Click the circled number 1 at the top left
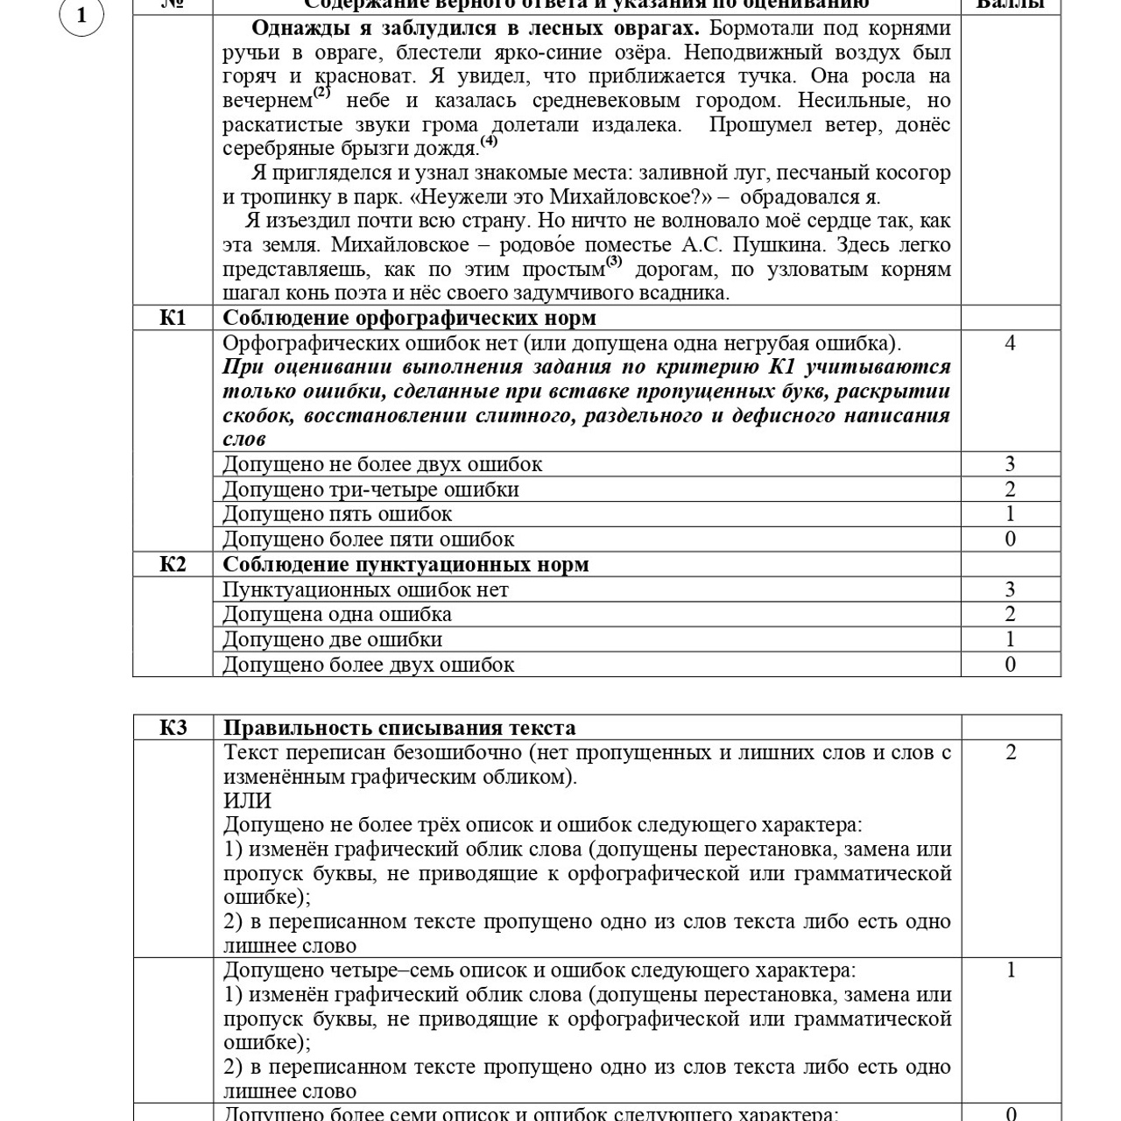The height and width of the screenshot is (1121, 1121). coord(81,16)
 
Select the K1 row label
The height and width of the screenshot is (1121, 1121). coord(173,317)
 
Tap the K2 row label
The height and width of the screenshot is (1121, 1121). coord(173,564)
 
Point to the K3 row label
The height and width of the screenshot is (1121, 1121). coord(173,728)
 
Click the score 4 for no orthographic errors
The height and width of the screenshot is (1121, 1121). coord(1010,342)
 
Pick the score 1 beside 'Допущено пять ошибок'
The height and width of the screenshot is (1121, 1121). coord(1010,514)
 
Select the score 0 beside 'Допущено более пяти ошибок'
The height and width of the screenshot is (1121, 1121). coord(1010,539)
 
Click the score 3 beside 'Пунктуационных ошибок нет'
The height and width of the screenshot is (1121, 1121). coord(1010,589)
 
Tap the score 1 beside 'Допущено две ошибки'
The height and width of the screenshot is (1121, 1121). coord(1010,639)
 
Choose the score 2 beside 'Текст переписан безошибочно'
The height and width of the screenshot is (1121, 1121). coord(1011,752)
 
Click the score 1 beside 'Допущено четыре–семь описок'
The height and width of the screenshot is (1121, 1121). coord(1011,969)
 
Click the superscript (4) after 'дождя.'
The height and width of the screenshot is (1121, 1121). coord(489,140)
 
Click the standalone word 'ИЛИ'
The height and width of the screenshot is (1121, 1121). coord(247,800)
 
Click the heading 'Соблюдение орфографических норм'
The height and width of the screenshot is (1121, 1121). coord(409,317)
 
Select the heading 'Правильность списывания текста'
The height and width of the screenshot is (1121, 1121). coord(399,728)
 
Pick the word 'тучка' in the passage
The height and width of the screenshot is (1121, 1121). coord(767,76)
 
